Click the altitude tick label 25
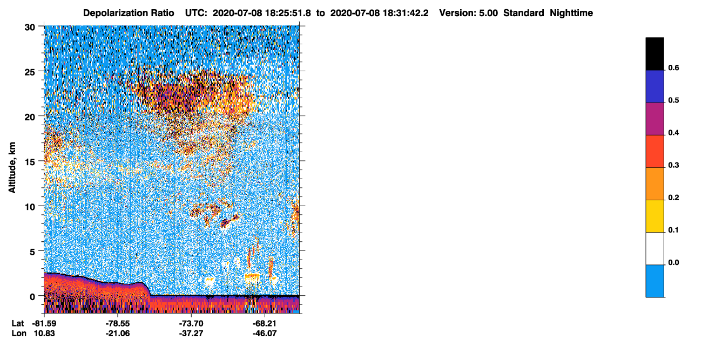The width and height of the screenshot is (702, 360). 30,72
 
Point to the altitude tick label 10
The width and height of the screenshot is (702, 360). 30,207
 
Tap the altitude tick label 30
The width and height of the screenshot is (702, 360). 30,28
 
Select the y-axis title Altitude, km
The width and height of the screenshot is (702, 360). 12,168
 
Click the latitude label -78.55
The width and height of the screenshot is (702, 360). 118,323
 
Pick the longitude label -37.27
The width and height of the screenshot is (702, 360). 191,333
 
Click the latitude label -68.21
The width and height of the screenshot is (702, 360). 265,323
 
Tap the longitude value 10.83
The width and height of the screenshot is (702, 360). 44,333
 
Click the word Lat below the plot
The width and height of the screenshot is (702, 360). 18,323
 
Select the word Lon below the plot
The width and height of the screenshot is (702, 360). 19,333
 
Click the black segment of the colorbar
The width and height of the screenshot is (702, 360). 654,53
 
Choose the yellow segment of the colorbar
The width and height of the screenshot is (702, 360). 654,216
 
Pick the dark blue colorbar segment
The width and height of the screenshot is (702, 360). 654,86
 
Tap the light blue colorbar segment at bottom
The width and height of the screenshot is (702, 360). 654,281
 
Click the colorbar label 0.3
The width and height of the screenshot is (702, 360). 673,165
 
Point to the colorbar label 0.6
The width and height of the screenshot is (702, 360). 673,67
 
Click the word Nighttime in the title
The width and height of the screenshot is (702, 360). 571,13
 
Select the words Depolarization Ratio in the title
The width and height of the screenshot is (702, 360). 129,13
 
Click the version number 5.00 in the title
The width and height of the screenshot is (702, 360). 488,13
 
